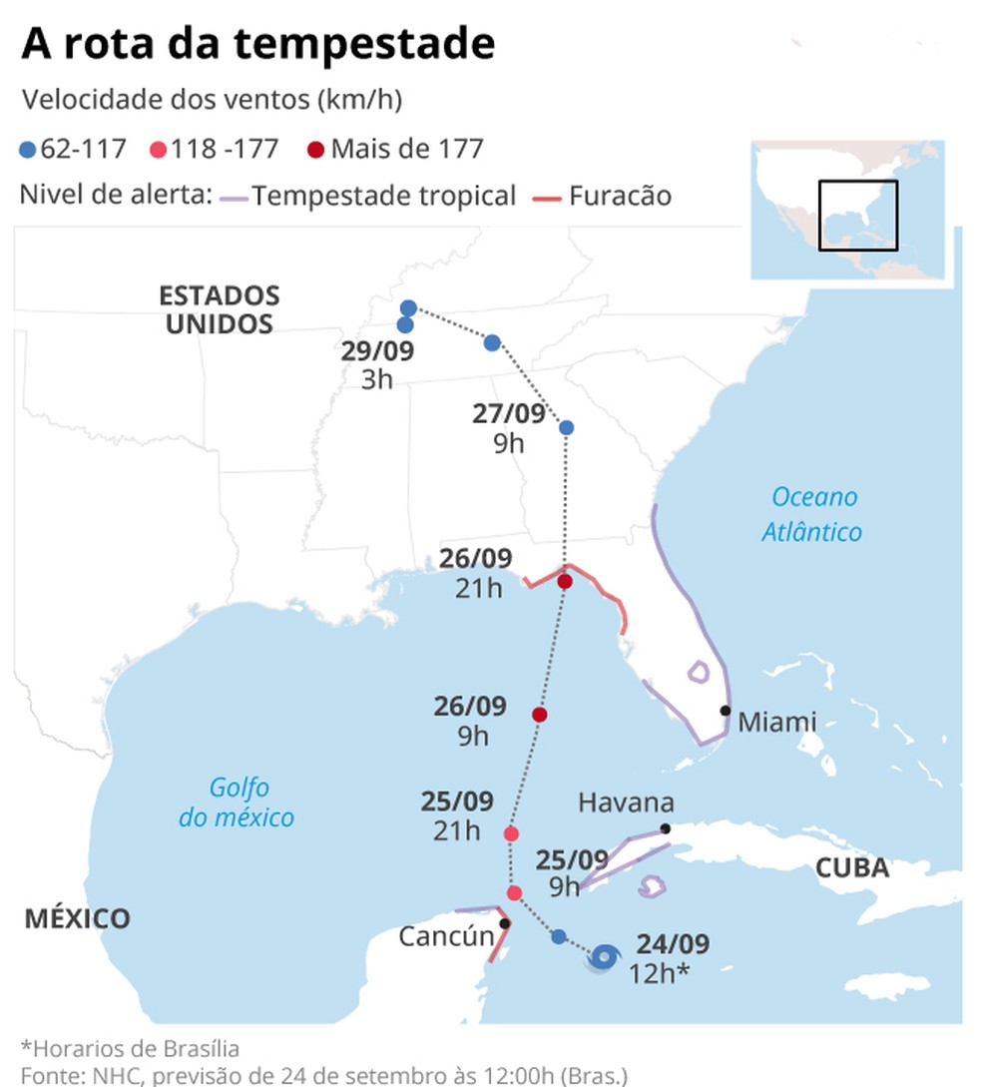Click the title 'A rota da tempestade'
point(258,44)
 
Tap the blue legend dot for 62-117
point(28,151)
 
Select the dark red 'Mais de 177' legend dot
point(316,151)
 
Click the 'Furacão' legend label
point(620,196)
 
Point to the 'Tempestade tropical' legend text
point(383,196)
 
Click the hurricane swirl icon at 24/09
point(602,958)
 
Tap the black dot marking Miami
point(726,711)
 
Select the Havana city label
point(626,803)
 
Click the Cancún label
point(445,936)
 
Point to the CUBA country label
point(852,867)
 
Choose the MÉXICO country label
point(77,918)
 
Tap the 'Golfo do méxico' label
point(238,803)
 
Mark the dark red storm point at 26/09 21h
point(565,582)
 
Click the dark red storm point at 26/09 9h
point(540,715)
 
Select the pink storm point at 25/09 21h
point(512,833)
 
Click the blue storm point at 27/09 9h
point(566,427)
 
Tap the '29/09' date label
point(377,352)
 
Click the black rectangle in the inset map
point(858,215)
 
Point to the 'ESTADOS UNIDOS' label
point(220,309)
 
